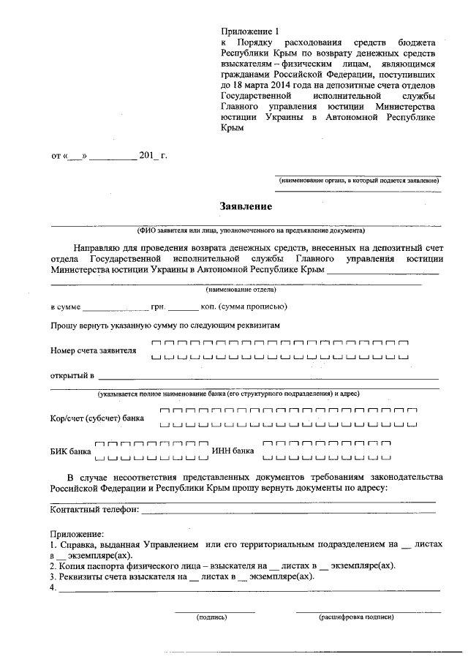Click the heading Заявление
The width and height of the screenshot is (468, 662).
247,206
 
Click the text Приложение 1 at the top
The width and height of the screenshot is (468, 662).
250,31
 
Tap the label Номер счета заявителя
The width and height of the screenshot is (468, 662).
93,350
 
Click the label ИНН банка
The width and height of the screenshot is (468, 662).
233,451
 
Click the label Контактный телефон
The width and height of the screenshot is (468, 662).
93,510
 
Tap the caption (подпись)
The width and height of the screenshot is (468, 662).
212,617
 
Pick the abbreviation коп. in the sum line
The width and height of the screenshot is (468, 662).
211,306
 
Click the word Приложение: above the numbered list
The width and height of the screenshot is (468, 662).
78,534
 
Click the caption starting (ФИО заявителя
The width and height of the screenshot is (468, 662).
245,230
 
